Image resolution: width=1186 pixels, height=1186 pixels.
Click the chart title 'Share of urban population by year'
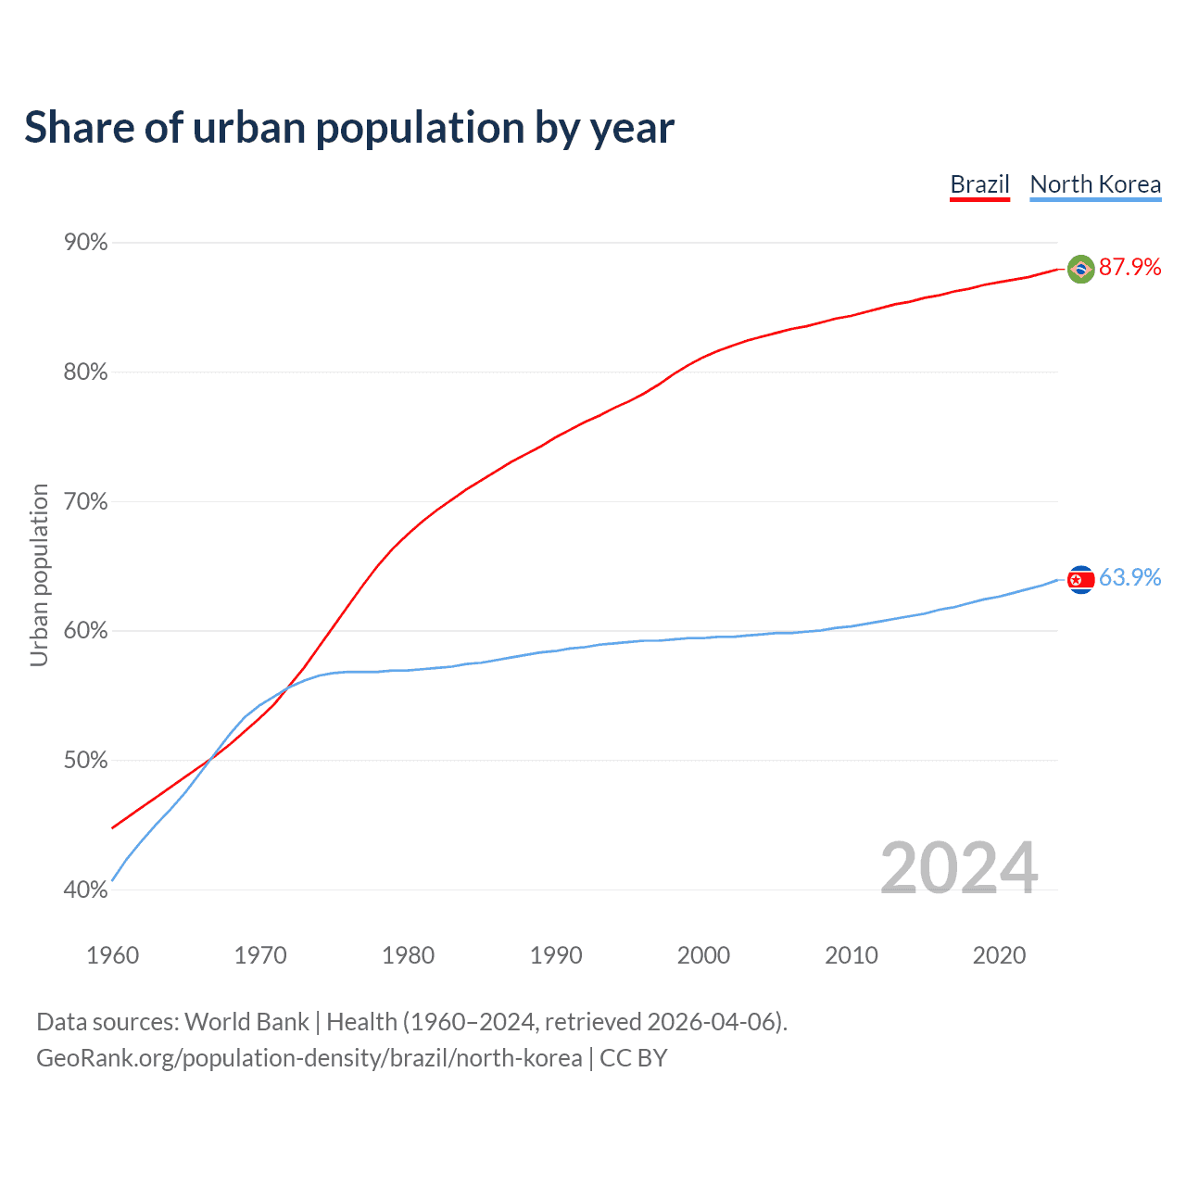(x=349, y=128)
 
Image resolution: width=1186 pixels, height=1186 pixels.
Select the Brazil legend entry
(x=979, y=184)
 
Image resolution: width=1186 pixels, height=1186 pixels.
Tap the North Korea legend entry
(x=1095, y=184)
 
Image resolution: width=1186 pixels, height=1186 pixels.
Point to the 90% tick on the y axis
(x=86, y=243)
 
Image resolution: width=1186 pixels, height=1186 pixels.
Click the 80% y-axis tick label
(x=86, y=372)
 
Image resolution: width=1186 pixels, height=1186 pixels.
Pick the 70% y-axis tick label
(x=86, y=502)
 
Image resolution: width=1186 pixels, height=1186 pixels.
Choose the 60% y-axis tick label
(x=86, y=631)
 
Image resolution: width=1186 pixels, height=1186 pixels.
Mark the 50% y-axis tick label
(x=86, y=761)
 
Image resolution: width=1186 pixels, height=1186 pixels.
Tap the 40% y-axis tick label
(x=86, y=890)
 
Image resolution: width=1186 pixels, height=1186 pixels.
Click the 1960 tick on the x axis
(x=113, y=955)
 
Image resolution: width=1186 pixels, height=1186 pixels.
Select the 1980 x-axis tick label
(x=409, y=955)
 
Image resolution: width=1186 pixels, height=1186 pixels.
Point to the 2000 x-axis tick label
(x=704, y=955)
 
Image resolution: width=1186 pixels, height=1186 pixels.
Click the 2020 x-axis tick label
(x=999, y=955)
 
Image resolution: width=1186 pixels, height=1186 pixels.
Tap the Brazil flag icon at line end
(x=1080, y=269)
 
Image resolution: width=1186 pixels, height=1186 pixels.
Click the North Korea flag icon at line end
(x=1080, y=579)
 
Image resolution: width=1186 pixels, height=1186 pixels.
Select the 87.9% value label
(x=1129, y=268)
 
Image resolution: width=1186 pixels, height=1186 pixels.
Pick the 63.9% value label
(x=1129, y=578)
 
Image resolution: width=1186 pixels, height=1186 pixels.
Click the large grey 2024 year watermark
(x=959, y=868)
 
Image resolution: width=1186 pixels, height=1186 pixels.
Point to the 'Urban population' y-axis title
(x=39, y=574)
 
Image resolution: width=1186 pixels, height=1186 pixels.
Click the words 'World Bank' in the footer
(x=246, y=1022)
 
